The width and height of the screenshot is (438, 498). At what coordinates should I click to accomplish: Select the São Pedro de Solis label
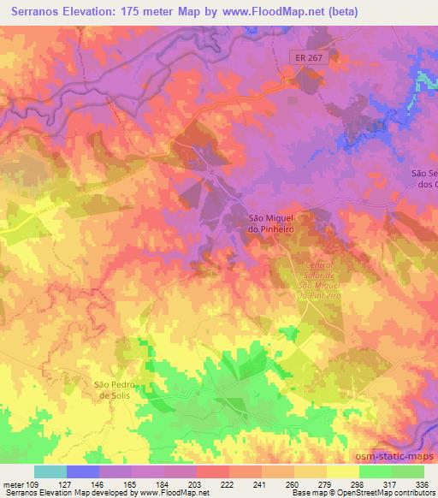pos(115,390)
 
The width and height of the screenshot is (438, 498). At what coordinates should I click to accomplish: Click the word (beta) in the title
pos(340,12)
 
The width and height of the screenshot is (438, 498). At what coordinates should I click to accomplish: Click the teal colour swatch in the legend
pos(50,472)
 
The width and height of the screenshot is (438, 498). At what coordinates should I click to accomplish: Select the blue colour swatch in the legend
pos(82,472)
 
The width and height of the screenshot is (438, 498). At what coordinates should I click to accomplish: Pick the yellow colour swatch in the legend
pos(342,472)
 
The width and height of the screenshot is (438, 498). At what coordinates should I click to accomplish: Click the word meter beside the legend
pos(12,484)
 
